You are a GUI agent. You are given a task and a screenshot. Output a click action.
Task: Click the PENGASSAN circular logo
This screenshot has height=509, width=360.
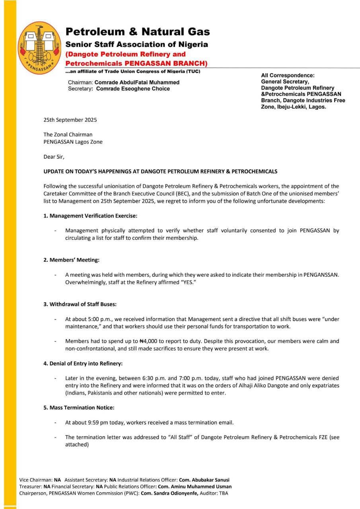(39, 48)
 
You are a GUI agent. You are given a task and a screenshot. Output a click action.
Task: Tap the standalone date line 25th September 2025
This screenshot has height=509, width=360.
(70, 120)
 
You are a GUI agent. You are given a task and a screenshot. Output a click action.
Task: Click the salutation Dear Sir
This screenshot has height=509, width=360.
(54, 157)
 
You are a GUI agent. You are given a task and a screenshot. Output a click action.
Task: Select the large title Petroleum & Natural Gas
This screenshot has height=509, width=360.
(138, 32)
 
